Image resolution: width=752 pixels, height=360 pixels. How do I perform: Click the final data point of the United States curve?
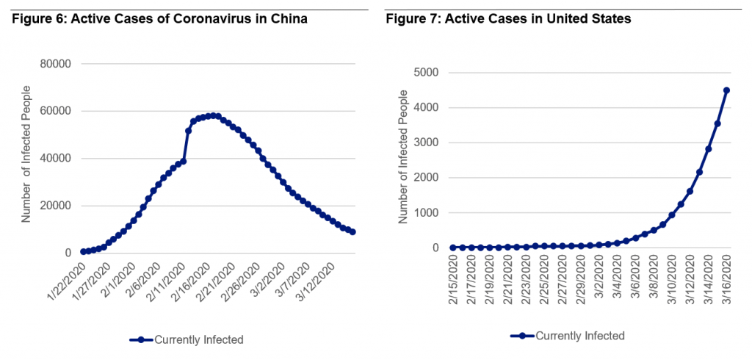point(726,90)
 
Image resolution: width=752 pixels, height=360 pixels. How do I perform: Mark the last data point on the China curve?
point(353,232)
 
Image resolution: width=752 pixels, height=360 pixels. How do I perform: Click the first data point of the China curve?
point(83,251)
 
